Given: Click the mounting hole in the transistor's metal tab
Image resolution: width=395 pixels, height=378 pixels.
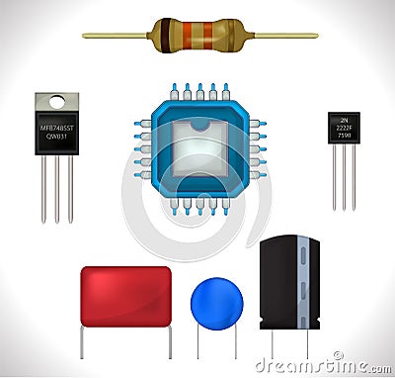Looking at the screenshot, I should pyautogui.click(x=56, y=102).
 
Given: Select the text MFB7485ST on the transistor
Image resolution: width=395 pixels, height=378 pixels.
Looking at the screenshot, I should pyautogui.click(x=56, y=127).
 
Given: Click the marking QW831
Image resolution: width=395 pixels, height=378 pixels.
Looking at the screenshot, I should pyautogui.click(x=56, y=138).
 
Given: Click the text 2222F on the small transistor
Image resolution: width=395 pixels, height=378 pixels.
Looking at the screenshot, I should pyautogui.click(x=344, y=129).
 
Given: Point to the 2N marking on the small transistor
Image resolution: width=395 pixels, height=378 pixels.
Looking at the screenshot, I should pyautogui.click(x=344, y=120).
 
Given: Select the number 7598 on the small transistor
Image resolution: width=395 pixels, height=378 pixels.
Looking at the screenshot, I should pyautogui.click(x=344, y=138).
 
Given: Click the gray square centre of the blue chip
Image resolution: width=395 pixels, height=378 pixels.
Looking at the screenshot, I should pyautogui.click(x=199, y=148).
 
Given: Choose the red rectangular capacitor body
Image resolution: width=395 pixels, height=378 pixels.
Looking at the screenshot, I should pyautogui.click(x=125, y=296).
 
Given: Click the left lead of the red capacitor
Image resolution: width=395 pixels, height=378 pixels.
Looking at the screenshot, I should pyautogui.click(x=82, y=342).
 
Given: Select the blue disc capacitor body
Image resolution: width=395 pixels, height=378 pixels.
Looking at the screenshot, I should pyautogui.click(x=216, y=302).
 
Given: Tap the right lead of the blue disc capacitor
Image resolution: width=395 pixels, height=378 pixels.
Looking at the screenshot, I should pyautogui.click(x=235, y=341).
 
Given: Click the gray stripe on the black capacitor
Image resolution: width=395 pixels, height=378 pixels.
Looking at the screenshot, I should pyautogui.click(x=303, y=282).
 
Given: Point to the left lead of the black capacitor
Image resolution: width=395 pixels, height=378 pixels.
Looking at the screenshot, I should pyautogui.click(x=273, y=342).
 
